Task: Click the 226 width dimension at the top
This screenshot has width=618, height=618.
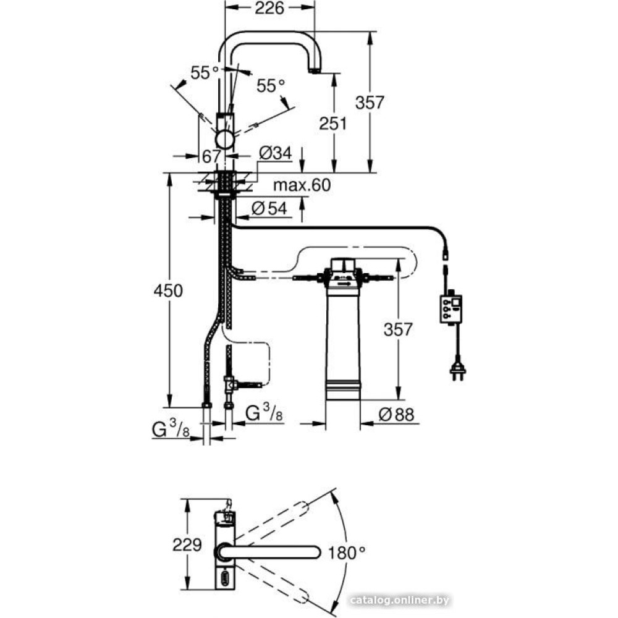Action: [269, 8]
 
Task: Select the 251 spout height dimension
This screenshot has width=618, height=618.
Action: [333, 124]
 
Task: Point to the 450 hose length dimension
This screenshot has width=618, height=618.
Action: [168, 291]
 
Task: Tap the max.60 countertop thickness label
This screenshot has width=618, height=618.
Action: [302, 185]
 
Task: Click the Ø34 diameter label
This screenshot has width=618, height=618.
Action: [276, 153]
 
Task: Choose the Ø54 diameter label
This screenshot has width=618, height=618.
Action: [269, 208]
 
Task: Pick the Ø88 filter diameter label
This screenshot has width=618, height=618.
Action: [397, 415]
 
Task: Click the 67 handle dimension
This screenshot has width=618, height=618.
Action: [211, 156]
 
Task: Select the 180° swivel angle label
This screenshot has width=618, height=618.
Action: [347, 553]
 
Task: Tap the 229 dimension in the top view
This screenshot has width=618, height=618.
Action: [187, 545]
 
